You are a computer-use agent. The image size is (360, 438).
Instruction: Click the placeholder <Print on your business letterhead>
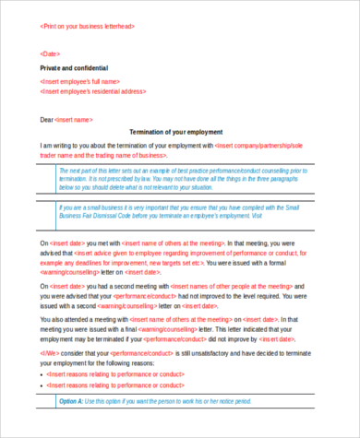[x=89, y=27]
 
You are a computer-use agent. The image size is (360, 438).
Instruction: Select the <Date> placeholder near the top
[x=52, y=53]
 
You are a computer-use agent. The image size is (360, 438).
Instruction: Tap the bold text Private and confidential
[x=74, y=68]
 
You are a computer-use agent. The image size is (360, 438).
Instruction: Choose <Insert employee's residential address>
[x=93, y=91]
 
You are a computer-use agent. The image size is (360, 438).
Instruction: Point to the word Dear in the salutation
[x=47, y=120]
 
